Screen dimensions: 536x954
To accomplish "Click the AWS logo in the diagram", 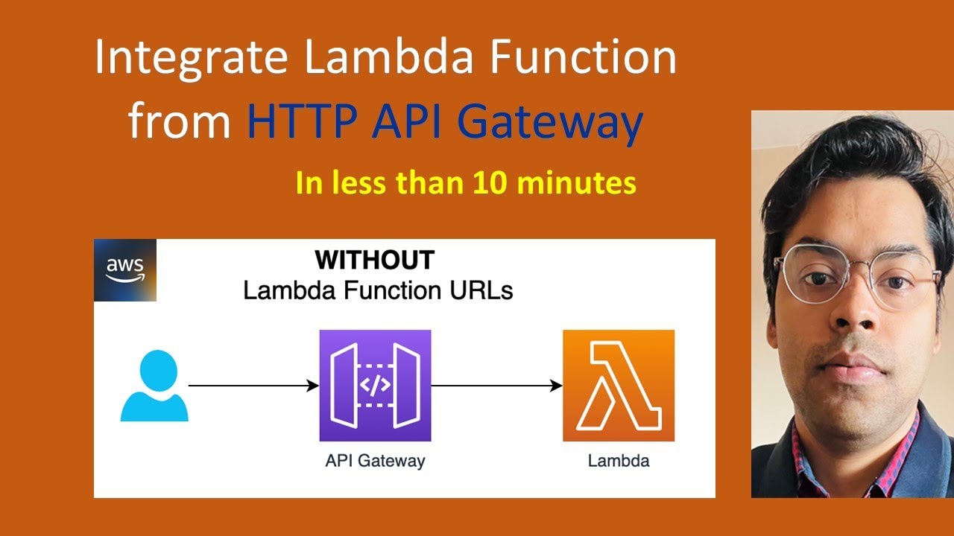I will point(125,270).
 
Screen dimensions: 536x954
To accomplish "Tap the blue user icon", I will point(154,386).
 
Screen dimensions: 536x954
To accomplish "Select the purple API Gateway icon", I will point(375,386).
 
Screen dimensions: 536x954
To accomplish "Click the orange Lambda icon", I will point(618,386).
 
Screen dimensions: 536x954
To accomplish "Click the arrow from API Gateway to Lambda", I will point(496,386).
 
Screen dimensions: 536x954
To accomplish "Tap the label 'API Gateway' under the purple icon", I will point(375,461).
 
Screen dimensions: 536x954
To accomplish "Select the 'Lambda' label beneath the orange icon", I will point(619,461).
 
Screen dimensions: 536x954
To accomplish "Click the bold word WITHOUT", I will point(375,261).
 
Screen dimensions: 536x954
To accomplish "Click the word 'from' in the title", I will point(179,122).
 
